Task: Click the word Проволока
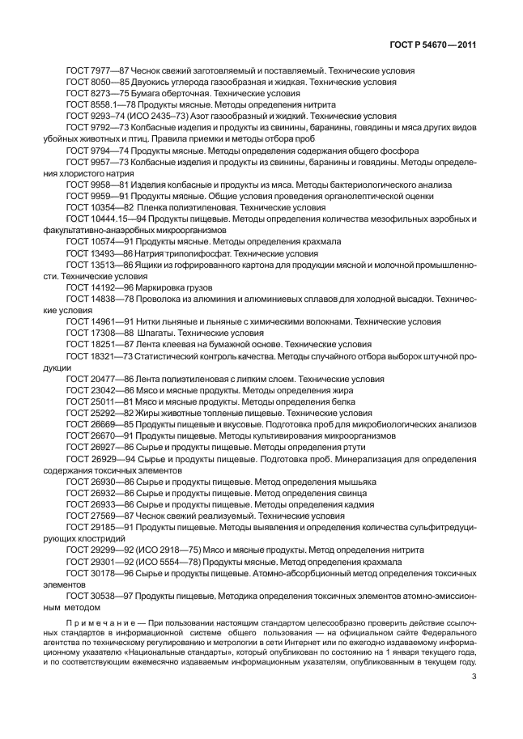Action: (x=157, y=298)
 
